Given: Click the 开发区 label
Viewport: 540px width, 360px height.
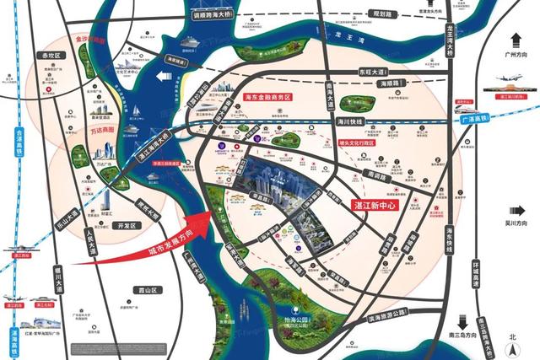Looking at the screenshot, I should click(127, 225).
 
